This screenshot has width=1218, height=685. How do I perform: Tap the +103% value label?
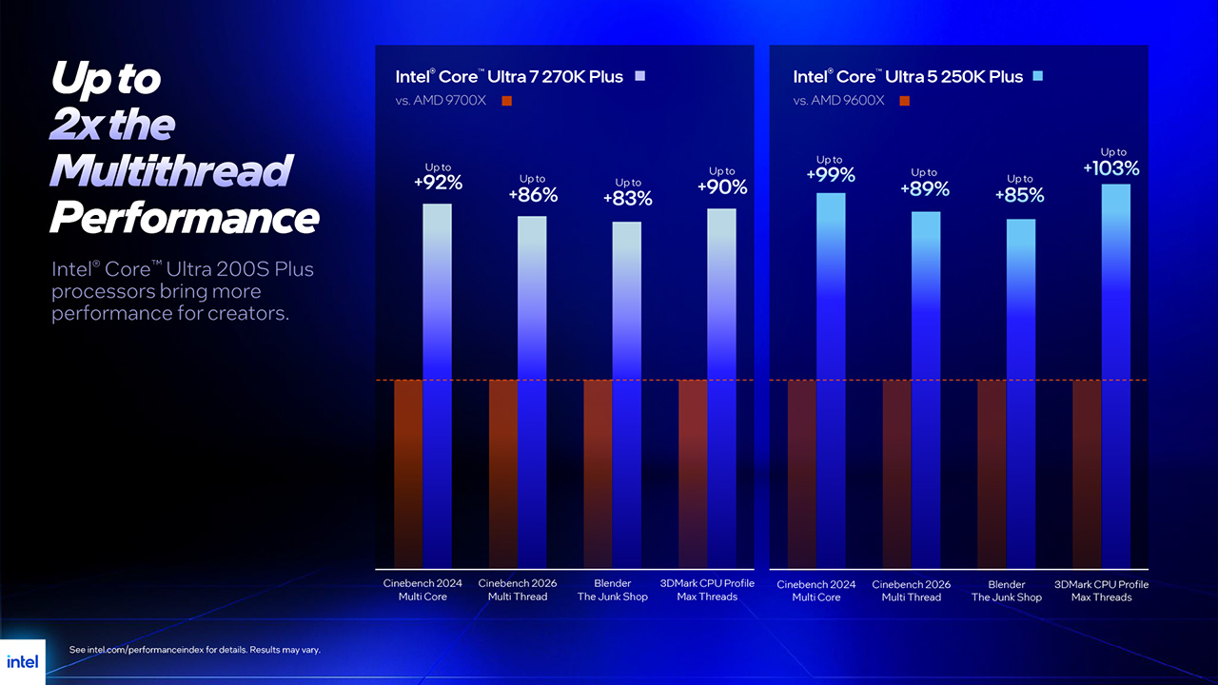(x=1111, y=168)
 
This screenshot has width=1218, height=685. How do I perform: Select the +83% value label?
(x=627, y=199)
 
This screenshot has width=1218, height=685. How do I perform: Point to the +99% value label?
(x=830, y=175)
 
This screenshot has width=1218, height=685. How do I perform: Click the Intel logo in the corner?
(x=22, y=661)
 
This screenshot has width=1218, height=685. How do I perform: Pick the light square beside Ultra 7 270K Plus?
(x=639, y=76)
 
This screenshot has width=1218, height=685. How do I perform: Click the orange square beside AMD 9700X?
(x=506, y=101)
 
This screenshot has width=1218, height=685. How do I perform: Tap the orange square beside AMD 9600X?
(x=904, y=101)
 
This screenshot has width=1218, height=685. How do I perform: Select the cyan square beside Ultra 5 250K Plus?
(x=1037, y=76)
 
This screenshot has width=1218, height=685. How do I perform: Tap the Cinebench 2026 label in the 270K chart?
(x=518, y=590)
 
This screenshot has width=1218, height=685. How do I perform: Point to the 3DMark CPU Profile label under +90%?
(x=707, y=590)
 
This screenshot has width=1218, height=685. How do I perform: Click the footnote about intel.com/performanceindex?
(x=195, y=650)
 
